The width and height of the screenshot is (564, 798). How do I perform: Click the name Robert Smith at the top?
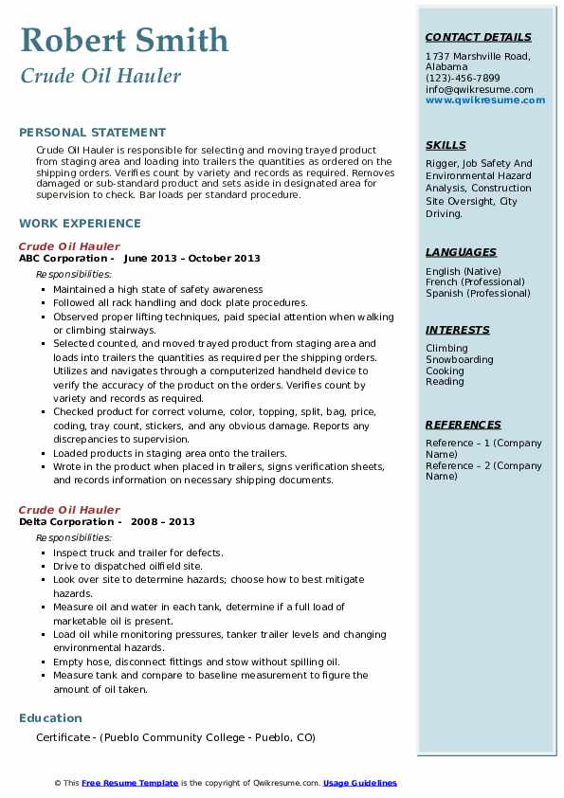[x=124, y=40]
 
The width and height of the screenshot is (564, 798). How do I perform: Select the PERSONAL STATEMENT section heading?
[x=92, y=133]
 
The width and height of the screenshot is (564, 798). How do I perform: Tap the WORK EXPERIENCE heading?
[x=80, y=224]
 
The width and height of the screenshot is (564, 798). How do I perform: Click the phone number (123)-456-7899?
[x=463, y=79]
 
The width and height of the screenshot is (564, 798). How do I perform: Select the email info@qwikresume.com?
[x=479, y=89]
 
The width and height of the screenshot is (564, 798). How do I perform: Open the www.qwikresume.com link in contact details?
[x=485, y=100]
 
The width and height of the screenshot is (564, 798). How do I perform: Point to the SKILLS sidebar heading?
[x=446, y=145]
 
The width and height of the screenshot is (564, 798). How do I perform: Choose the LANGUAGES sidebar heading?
[x=461, y=253]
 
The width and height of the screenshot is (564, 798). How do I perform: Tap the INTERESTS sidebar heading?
[x=457, y=330]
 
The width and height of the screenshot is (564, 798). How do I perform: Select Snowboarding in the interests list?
[x=459, y=360]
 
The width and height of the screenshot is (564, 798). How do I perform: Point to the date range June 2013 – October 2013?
[x=191, y=259]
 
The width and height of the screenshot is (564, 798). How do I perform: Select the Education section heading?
[x=50, y=718]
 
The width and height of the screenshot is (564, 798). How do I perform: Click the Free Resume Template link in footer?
[x=130, y=783]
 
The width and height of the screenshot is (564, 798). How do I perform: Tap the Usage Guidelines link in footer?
[x=359, y=783]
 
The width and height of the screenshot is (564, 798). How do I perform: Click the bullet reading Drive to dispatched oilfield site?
[x=128, y=566]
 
